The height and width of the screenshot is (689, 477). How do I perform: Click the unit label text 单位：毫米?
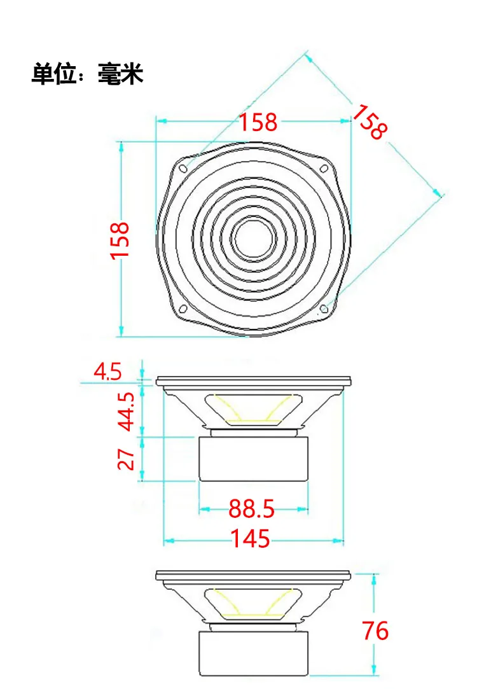[87, 73]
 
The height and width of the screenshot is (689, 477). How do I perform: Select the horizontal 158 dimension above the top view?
[258, 122]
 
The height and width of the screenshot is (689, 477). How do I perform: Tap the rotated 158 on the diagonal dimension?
[371, 122]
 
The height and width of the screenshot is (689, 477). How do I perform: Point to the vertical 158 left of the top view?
[120, 240]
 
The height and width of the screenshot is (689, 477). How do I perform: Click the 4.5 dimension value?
[107, 372]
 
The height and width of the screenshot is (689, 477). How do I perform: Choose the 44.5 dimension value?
[127, 411]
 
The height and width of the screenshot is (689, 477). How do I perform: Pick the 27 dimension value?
[126, 459]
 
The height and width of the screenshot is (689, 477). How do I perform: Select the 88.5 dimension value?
[251, 509]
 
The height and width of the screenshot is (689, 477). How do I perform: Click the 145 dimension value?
[251, 538]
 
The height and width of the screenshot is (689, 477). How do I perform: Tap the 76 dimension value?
[375, 630]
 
